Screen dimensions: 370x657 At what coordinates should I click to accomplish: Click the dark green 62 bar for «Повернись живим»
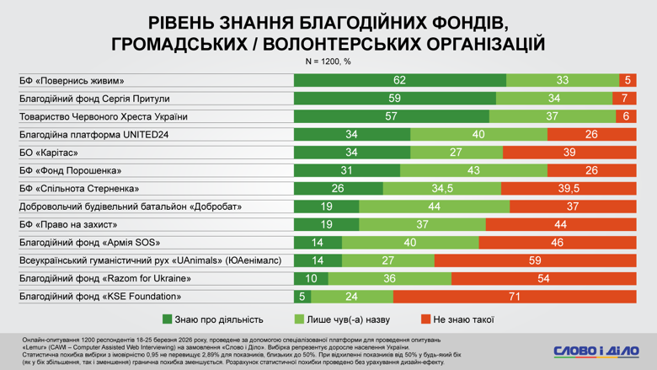point(399,81)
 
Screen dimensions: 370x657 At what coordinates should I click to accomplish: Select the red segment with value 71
point(514,297)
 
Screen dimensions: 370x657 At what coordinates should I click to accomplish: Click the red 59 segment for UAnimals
point(535,261)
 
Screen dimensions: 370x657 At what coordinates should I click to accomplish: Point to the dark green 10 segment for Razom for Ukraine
point(311,279)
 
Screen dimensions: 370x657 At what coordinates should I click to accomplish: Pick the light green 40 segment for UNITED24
point(478,135)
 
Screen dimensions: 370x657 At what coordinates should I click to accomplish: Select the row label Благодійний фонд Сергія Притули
point(94,99)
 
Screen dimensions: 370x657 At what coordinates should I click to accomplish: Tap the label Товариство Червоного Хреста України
point(103,117)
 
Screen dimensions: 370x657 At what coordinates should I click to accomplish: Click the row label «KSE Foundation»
point(100,297)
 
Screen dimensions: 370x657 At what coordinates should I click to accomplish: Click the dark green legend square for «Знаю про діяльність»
point(168,319)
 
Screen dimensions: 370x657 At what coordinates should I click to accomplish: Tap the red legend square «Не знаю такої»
point(425,319)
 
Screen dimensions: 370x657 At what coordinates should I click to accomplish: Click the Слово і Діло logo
point(596,351)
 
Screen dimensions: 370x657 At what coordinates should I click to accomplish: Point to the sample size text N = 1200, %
point(328,62)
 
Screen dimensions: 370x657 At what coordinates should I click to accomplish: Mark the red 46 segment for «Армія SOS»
point(557,243)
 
